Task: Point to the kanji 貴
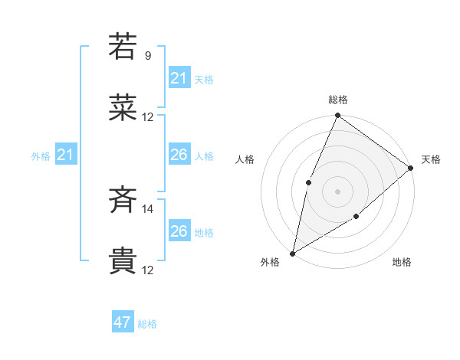(x=123, y=261)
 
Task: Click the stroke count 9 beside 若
(x=148, y=56)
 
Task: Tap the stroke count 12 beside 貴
(x=148, y=270)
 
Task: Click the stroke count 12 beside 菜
(x=148, y=117)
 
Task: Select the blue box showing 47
(x=123, y=322)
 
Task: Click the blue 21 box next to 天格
(x=179, y=78)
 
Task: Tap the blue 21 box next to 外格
(x=65, y=155)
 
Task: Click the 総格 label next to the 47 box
(x=147, y=324)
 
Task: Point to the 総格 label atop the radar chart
(x=338, y=100)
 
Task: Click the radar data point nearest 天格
(x=411, y=168)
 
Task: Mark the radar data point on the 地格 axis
(x=357, y=218)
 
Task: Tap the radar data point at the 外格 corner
(x=293, y=253)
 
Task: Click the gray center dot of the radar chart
(x=338, y=191)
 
